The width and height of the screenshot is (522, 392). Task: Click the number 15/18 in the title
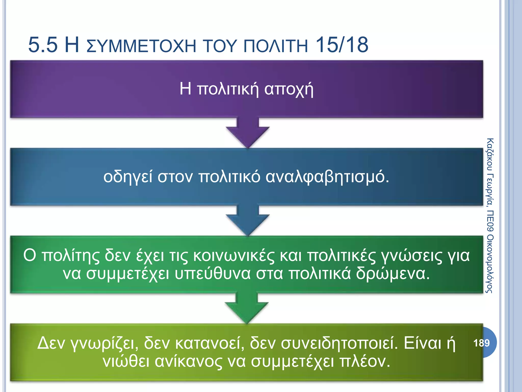(x=342, y=45)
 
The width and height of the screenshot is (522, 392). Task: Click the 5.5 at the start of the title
(x=43, y=45)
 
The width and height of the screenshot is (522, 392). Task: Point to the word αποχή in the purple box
(x=289, y=89)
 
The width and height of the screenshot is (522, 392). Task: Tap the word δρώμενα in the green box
(x=393, y=274)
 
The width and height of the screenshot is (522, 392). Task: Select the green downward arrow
(x=247, y=309)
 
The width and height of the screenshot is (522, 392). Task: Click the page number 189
(x=481, y=343)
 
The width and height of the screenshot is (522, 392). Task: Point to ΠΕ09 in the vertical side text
(x=490, y=221)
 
